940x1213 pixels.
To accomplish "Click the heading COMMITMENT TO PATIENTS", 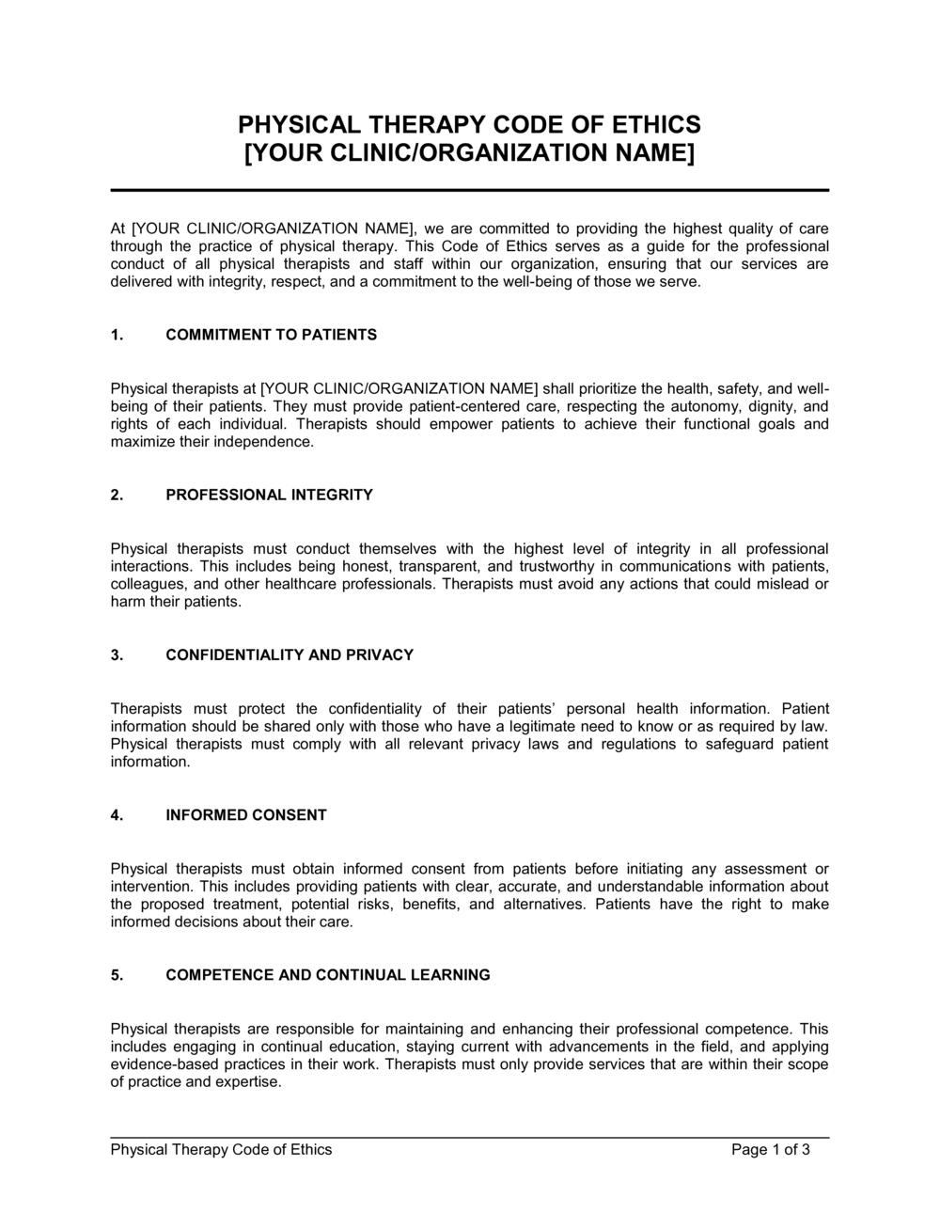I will click(271, 335).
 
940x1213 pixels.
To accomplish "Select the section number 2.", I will click(117, 495).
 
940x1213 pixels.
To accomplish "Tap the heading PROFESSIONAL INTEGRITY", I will click(269, 495).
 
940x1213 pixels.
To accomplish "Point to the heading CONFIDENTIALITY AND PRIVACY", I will click(290, 655).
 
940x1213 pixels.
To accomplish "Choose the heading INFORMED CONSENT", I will click(246, 815).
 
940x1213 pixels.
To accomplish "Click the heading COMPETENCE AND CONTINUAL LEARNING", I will click(328, 975).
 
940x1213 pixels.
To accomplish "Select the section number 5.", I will click(117, 975).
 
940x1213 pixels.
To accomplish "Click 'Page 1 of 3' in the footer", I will click(771, 1149).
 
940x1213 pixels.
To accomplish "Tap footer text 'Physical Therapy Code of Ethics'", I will click(221, 1149).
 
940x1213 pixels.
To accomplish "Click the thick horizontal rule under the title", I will click(470, 191).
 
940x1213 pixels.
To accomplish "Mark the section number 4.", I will click(117, 815).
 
